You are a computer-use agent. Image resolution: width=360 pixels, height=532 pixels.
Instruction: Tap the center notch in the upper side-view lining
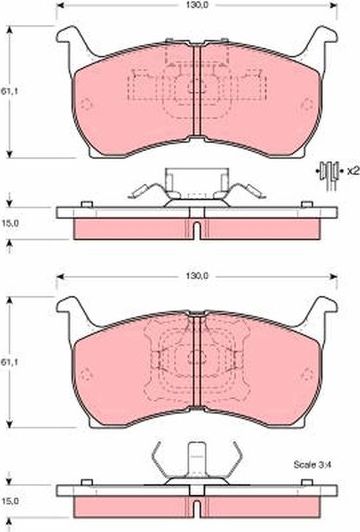pos(197,229)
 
